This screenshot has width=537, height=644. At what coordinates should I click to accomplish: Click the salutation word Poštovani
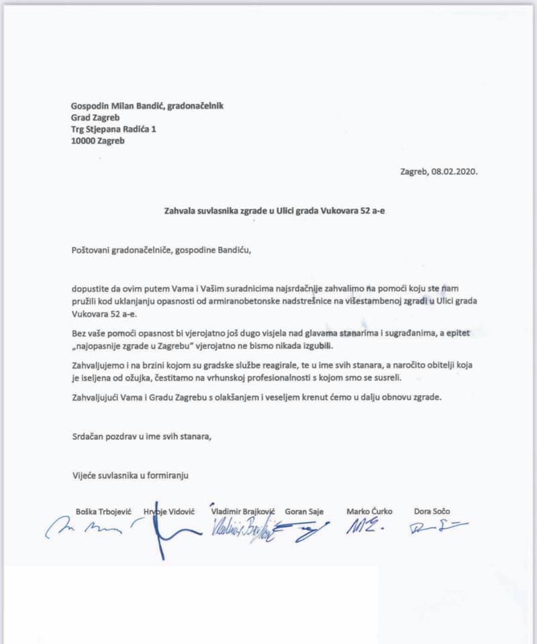click(93, 250)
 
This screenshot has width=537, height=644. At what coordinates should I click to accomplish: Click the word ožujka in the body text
click(139, 378)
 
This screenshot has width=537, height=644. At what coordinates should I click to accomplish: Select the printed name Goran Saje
click(304, 511)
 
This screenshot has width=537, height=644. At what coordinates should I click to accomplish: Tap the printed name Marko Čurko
click(369, 511)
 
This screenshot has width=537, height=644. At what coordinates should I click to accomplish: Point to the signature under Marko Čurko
click(364, 527)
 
